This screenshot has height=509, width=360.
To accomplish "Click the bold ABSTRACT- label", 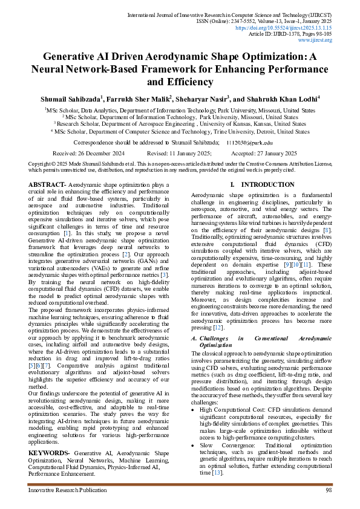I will tap(48, 184).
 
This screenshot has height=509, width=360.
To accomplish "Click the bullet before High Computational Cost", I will tap(194, 409).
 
